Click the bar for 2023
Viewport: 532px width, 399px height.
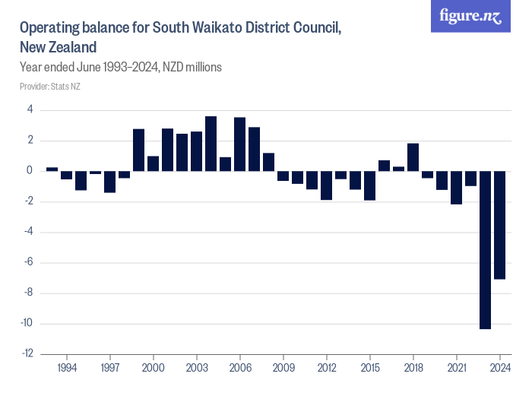tap(485, 250)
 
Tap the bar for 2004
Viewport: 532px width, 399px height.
tap(211, 144)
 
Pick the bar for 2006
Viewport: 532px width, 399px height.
tap(240, 144)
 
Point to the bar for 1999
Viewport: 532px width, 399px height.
tap(139, 150)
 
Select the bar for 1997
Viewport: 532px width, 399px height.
tap(110, 182)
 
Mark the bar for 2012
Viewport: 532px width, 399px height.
tap(326, 185)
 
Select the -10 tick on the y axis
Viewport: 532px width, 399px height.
tap(27, 324)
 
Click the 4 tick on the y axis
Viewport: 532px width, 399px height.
tap(30, 109)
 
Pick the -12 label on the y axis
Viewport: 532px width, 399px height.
tap(27, 354)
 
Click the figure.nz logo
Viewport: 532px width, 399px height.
tap(471, 16)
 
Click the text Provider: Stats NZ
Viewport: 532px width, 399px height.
tap(50, 86)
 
